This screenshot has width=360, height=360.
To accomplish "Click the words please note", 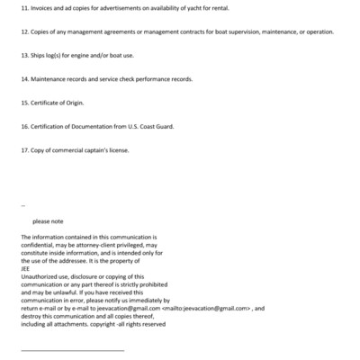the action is point(48,220).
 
